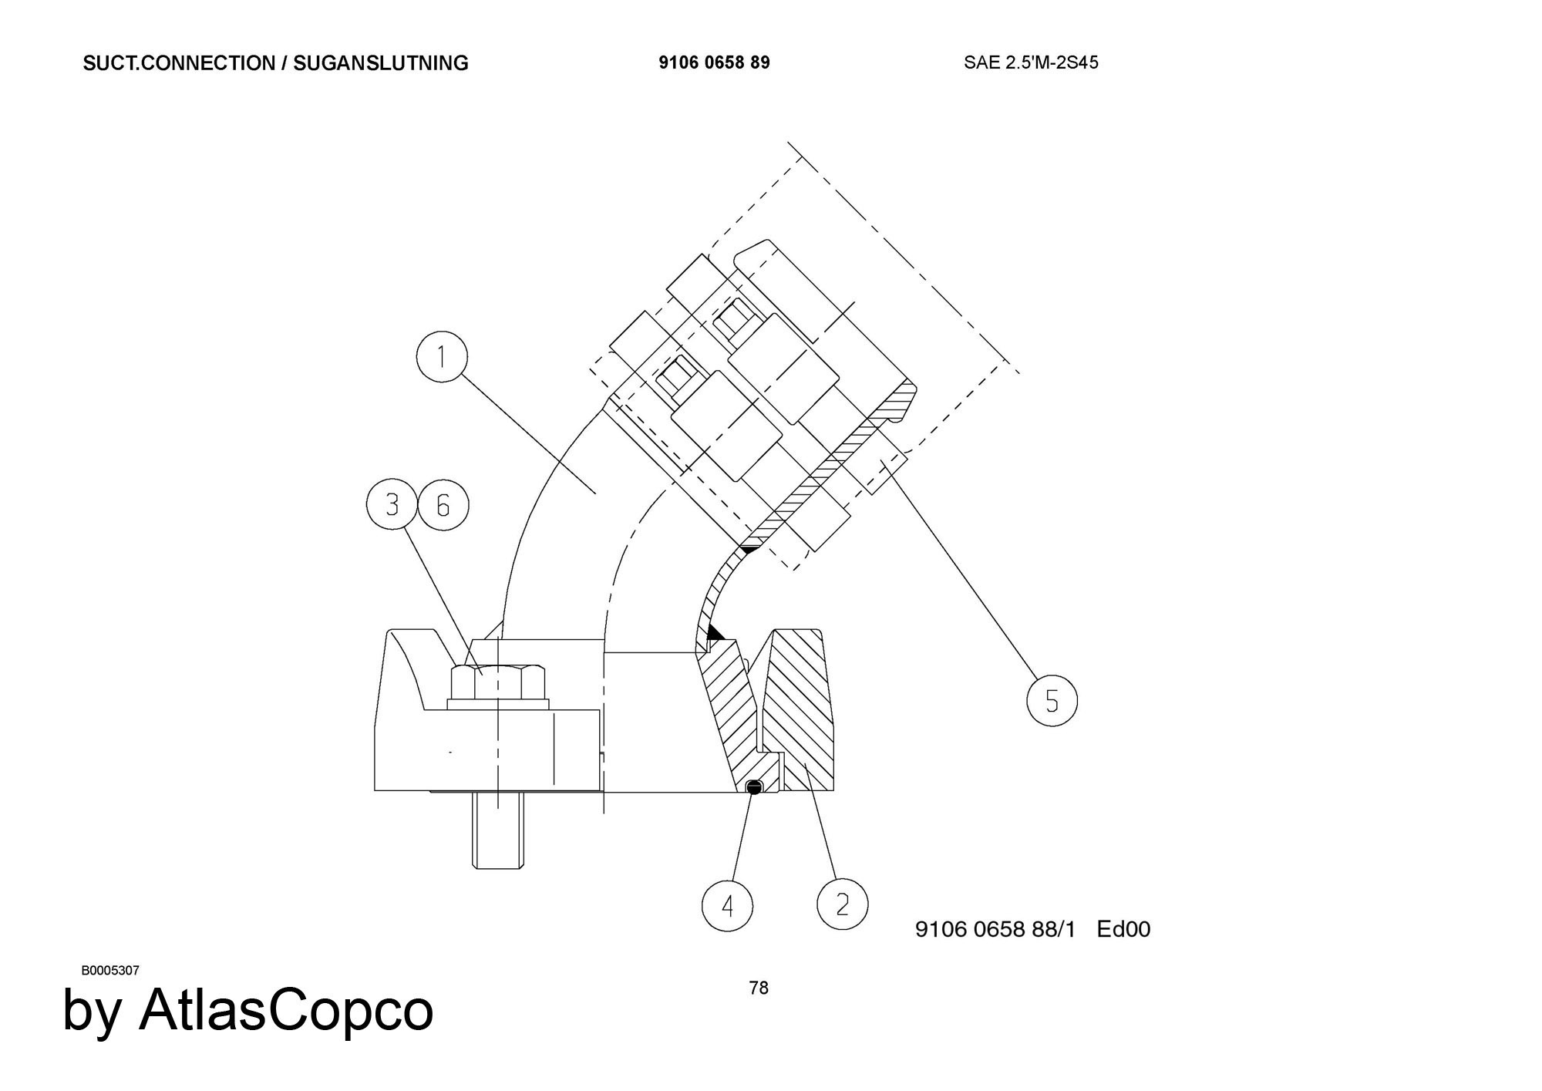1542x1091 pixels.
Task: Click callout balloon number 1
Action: coord(442,357)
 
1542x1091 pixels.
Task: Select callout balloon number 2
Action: coord(842,904)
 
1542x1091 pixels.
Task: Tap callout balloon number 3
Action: coord(392,505)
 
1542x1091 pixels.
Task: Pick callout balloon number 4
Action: coord(728,905)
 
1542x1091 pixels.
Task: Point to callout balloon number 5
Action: coord(1052,701)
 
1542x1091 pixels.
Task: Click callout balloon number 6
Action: coord(443,505)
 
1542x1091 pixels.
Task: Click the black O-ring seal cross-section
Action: coord(755,786)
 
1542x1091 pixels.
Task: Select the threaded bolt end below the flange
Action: coord(498,830)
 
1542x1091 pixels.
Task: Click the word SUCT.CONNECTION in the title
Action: coord(178,63)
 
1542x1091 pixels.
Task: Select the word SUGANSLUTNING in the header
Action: coord(381,63)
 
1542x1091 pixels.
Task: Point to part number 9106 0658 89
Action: coord(714,62)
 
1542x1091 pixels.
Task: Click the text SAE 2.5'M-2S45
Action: coord(1031,62)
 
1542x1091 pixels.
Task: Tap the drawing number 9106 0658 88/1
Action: coord(995,929)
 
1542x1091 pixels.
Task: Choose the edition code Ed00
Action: coord(1123,929)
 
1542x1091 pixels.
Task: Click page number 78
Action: coord(759,988)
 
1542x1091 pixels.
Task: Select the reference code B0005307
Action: coord(110,970)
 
